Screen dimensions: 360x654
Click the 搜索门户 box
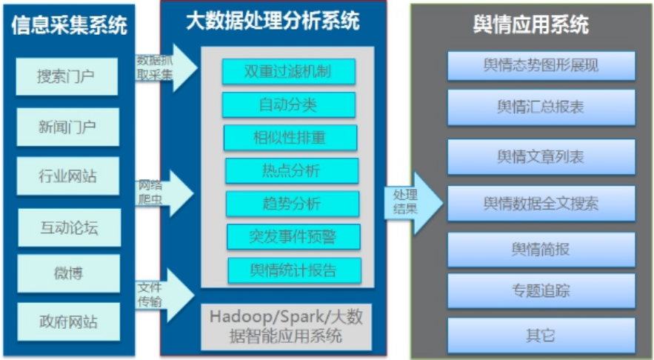coord(67,76)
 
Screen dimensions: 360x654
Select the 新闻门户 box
coord(67,126)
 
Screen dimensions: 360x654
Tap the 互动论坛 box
coord(67,225)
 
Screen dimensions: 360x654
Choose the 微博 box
coord(67,273)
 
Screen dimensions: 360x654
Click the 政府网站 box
coord(67,321)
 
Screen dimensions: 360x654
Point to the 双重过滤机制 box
coord(288,72)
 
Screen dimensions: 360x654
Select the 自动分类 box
coord(288,105)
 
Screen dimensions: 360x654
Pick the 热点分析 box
coord(291,170)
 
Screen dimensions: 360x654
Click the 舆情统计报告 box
coord(294,270)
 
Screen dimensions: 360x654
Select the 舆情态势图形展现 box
coord(541,66)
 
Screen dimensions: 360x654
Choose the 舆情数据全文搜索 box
coord(541,202)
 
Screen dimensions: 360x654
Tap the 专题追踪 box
coord(541,290)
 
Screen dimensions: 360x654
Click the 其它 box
coord(541,335)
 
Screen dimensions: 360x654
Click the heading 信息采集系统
coord(70,27)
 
